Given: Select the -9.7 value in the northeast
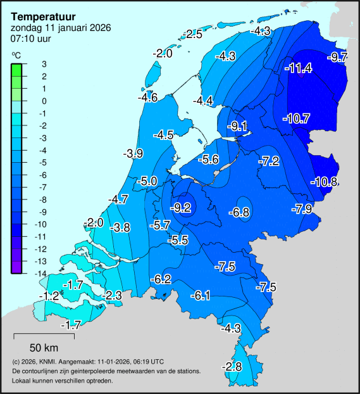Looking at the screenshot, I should pos(337,58).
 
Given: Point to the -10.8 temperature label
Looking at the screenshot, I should pos(324,182).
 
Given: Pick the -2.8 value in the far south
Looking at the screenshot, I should pos(232,367).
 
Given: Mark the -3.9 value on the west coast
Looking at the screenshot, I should pos(133,153).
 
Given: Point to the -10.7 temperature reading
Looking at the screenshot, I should pos(295,118).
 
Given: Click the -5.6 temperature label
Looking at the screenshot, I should pos(208,160).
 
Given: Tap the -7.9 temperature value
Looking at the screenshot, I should pos(302,209).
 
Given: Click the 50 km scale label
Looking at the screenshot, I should pos(44,348).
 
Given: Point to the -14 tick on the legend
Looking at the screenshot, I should pos(41,273).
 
